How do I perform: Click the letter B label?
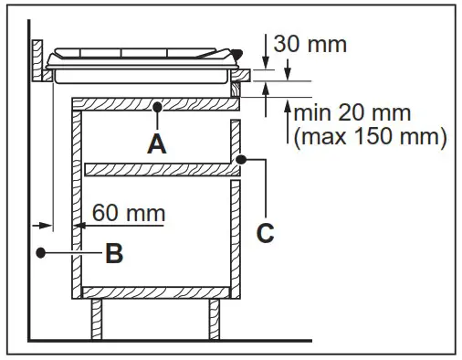[113, 253]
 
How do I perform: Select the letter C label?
[265, 234]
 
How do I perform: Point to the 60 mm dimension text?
[129, 213]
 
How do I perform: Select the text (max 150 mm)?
[369, 138]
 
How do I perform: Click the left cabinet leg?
[97, 319]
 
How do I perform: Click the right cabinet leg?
[215, 319]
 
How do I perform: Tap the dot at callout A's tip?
[157, 107]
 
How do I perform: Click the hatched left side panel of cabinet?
[79, 201]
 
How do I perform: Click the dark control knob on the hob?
[238, 55]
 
